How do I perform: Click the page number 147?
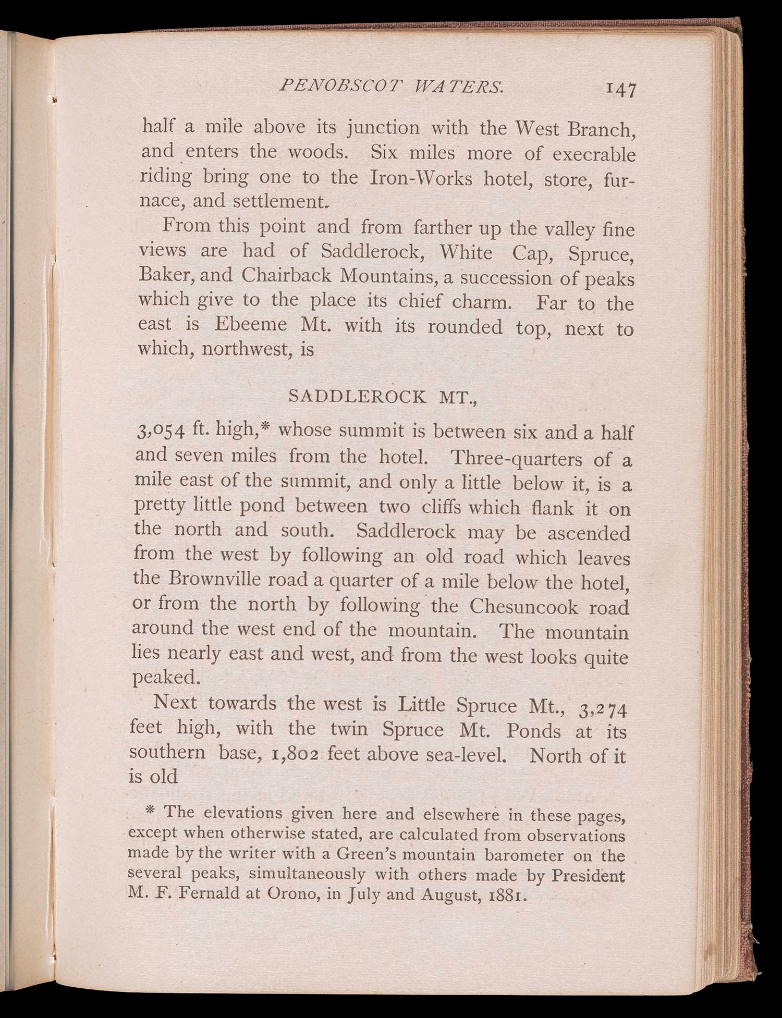[x=620, y=90]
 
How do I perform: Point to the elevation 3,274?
[x=604, y=709]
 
